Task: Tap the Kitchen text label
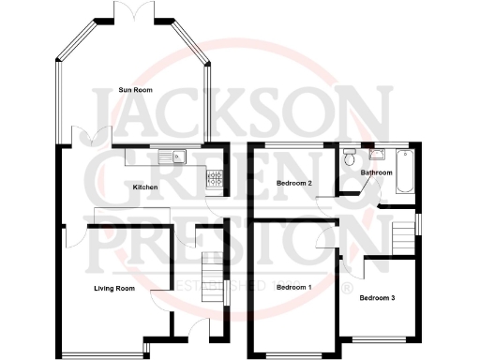point(144,187)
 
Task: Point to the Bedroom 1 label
point(293,286)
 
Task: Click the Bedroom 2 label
point(293,183)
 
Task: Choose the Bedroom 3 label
point(377,297)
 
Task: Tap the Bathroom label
point(377,172)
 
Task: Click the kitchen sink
point(173,157)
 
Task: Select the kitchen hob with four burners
point(214,175)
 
